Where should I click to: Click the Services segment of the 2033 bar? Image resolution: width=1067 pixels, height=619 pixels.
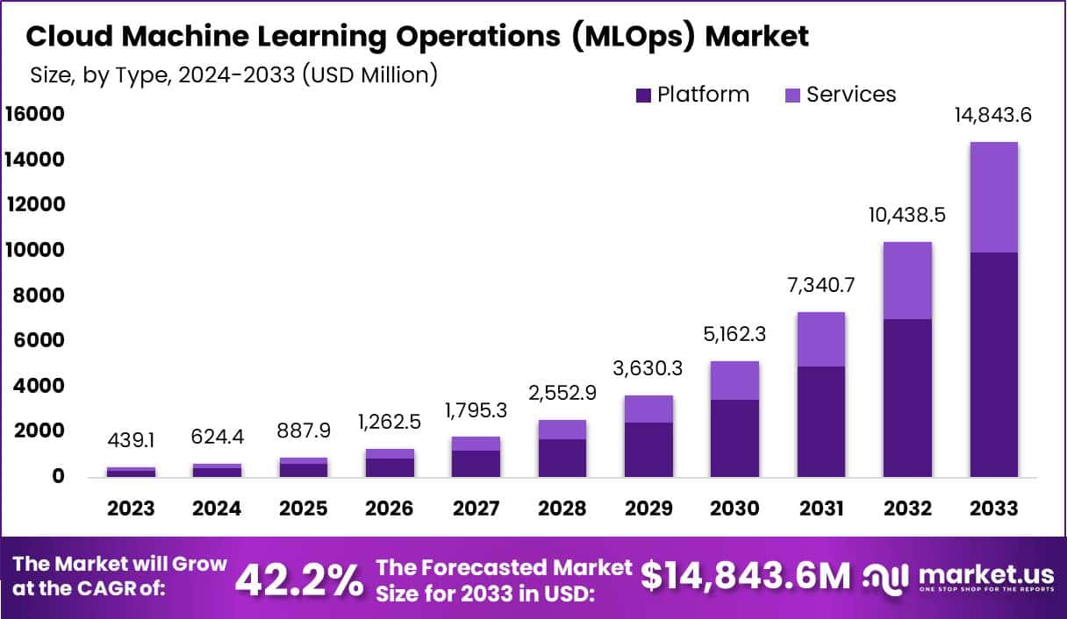[993, 197]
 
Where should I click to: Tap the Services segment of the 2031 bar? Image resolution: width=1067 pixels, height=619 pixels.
[821, 339]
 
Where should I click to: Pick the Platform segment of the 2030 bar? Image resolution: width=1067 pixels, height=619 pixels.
[735, 438]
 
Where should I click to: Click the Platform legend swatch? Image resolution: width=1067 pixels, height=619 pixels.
[643, 96]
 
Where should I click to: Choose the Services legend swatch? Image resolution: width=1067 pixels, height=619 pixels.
[791, 96]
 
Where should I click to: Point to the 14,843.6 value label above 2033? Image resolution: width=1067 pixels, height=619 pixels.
[993, 115]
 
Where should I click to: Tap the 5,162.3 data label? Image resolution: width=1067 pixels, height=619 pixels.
[735, 334]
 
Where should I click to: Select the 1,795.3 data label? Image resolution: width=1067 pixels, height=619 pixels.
[476, 409]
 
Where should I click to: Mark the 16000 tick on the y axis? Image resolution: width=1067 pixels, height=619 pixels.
[35, 114]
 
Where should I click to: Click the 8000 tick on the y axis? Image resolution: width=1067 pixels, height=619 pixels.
[40, 295]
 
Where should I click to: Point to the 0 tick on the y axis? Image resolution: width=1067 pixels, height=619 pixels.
[57, 476]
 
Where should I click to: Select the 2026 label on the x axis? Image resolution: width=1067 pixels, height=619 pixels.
[389, 509]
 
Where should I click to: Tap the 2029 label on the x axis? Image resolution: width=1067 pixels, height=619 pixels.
[648, 509]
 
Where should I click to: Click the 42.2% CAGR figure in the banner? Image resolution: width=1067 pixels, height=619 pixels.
[299, 579]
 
